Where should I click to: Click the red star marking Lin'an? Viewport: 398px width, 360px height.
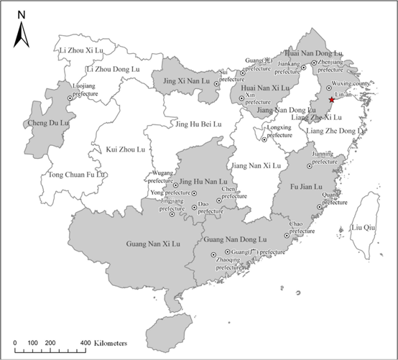331,100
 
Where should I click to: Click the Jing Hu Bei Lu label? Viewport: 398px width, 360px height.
199,124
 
